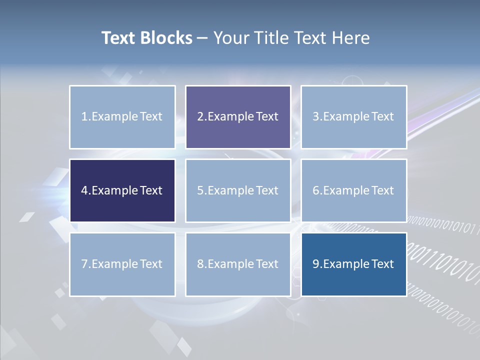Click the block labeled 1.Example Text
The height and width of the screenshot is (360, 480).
pyautogui.click(x=122, y=117)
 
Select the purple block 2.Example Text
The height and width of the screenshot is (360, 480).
pyautogui.click(x=238, y=117)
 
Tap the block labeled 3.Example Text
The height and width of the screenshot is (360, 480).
pyautogui.click(x=353, y=117)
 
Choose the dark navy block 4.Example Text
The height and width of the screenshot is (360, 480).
pyautogui.click(x=122, y=190)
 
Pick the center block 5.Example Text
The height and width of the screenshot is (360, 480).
pyautogui.click(x=238, y=190)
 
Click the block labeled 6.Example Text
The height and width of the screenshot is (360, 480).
pyautogui.click(x=353, y=190)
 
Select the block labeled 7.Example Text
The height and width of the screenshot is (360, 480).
pyautogui.click(x=122, y=264)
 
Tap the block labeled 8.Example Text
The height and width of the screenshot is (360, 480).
pyautogui.click(x=238, y=264)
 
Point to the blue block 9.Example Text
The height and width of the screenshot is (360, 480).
pyautogui.click(x=353, y=264)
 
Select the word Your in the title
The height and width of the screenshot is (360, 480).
pyautogui.click(x=230, y=38)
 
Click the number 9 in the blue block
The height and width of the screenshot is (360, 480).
pyautogui.click(x=316, y=264)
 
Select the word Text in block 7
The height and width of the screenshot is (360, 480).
pyautogui.click(x=151, y=264)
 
